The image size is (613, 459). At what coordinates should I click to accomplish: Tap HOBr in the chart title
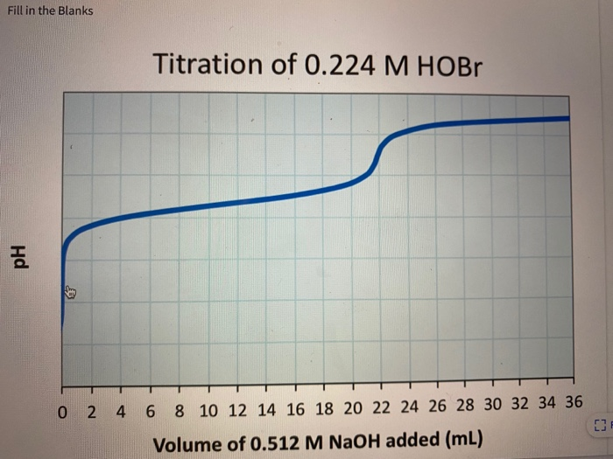point(446,64)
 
